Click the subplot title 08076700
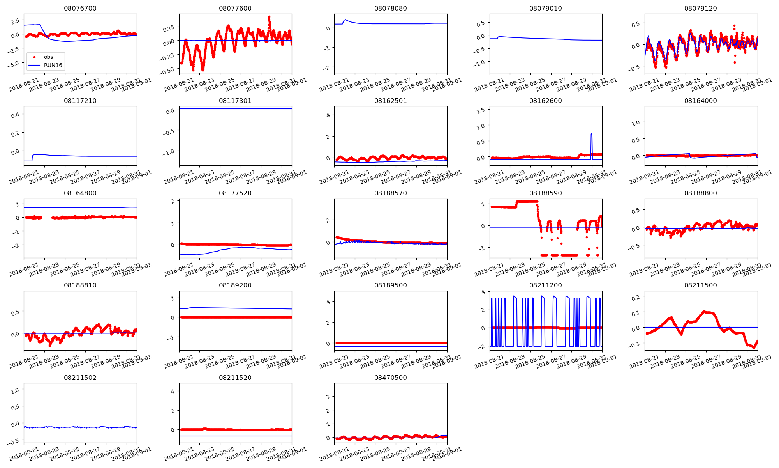(x=80, y=8)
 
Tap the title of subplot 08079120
(x=700, y=8)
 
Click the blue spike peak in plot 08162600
(x=591, y=134)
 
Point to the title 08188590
(x=545, y=193)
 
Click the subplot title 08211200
(x=545, y=285)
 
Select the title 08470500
(x=390, y=378)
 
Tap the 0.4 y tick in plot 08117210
(x=15, y=115)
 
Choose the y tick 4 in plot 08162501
(x=328, y=115)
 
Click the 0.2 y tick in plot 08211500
(x=635, y=298)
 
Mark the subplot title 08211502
(x=80, y=378)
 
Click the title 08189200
(x=235, y=285)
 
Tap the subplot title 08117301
(x=235, y=101)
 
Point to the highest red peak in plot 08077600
(x=269, y=17)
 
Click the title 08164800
(x=80, y=193)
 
